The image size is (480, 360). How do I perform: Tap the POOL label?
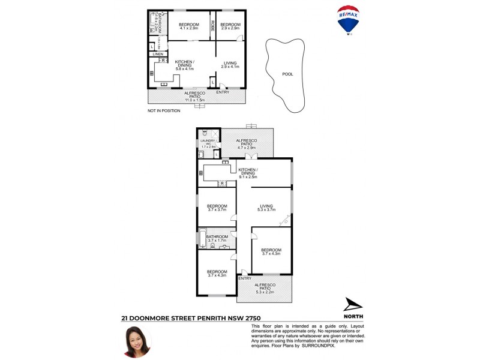tap(287, 74)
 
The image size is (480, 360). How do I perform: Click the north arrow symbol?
tap(353, 304)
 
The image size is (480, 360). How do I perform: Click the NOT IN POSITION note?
tap(164, 111)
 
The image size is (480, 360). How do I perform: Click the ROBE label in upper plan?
tap(212, 26)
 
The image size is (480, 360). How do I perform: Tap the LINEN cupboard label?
tap(157, 54)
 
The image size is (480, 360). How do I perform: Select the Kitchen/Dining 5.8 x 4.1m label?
tap(186, 65)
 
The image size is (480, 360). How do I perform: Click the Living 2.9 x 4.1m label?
tap(230, 65)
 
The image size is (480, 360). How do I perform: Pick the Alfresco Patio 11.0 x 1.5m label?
tap(195, 97)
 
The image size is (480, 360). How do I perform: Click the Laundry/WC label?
tap(208, 143)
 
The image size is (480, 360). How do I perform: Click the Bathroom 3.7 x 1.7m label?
tap(217, 239)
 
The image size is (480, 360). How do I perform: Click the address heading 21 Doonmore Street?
tap(191, 318)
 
